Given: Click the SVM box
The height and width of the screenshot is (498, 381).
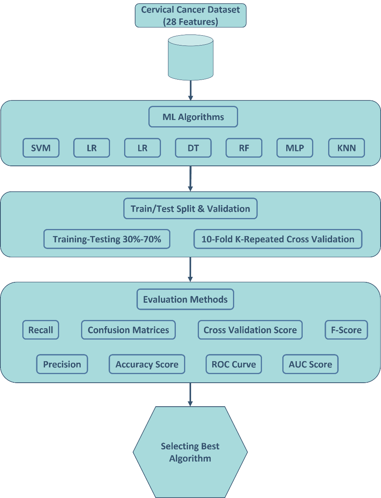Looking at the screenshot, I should (41, 148).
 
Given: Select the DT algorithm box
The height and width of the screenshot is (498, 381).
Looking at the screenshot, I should (193, 148).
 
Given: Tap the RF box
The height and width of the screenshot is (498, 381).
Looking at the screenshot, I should (244, 148).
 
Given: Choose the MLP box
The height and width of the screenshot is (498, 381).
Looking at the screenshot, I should (294, 148).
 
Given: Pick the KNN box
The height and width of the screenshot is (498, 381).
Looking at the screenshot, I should (346, 148).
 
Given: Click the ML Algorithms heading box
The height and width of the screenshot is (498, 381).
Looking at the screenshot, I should (193, 117).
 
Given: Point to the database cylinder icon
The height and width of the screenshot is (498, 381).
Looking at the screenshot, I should (191, 57).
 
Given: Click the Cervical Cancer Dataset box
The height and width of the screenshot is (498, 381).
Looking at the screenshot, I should (191, 16).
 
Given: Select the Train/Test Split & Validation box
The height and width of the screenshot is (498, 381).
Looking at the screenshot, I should (190, 209).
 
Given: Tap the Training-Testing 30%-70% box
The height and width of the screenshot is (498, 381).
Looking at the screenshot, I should (107, 239).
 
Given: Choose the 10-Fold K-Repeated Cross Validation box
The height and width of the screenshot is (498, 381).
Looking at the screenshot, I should (278, 239).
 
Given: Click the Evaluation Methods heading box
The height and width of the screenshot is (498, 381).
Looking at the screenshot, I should (185, 300).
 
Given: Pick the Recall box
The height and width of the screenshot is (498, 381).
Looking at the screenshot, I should (41, 330).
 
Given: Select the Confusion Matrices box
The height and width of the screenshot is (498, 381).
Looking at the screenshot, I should (128, 330).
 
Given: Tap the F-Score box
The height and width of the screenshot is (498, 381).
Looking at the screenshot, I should (346, 330).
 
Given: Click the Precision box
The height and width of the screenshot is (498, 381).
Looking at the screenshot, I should (62, 364).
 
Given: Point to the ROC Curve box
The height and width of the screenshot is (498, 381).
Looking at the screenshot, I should (234, 364).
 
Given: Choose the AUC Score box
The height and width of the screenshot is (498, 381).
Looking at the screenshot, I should (310, 364).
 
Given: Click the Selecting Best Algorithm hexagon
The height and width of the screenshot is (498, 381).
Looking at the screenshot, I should (190, 452).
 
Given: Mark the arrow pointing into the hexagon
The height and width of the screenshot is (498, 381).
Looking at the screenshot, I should (190, 394).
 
